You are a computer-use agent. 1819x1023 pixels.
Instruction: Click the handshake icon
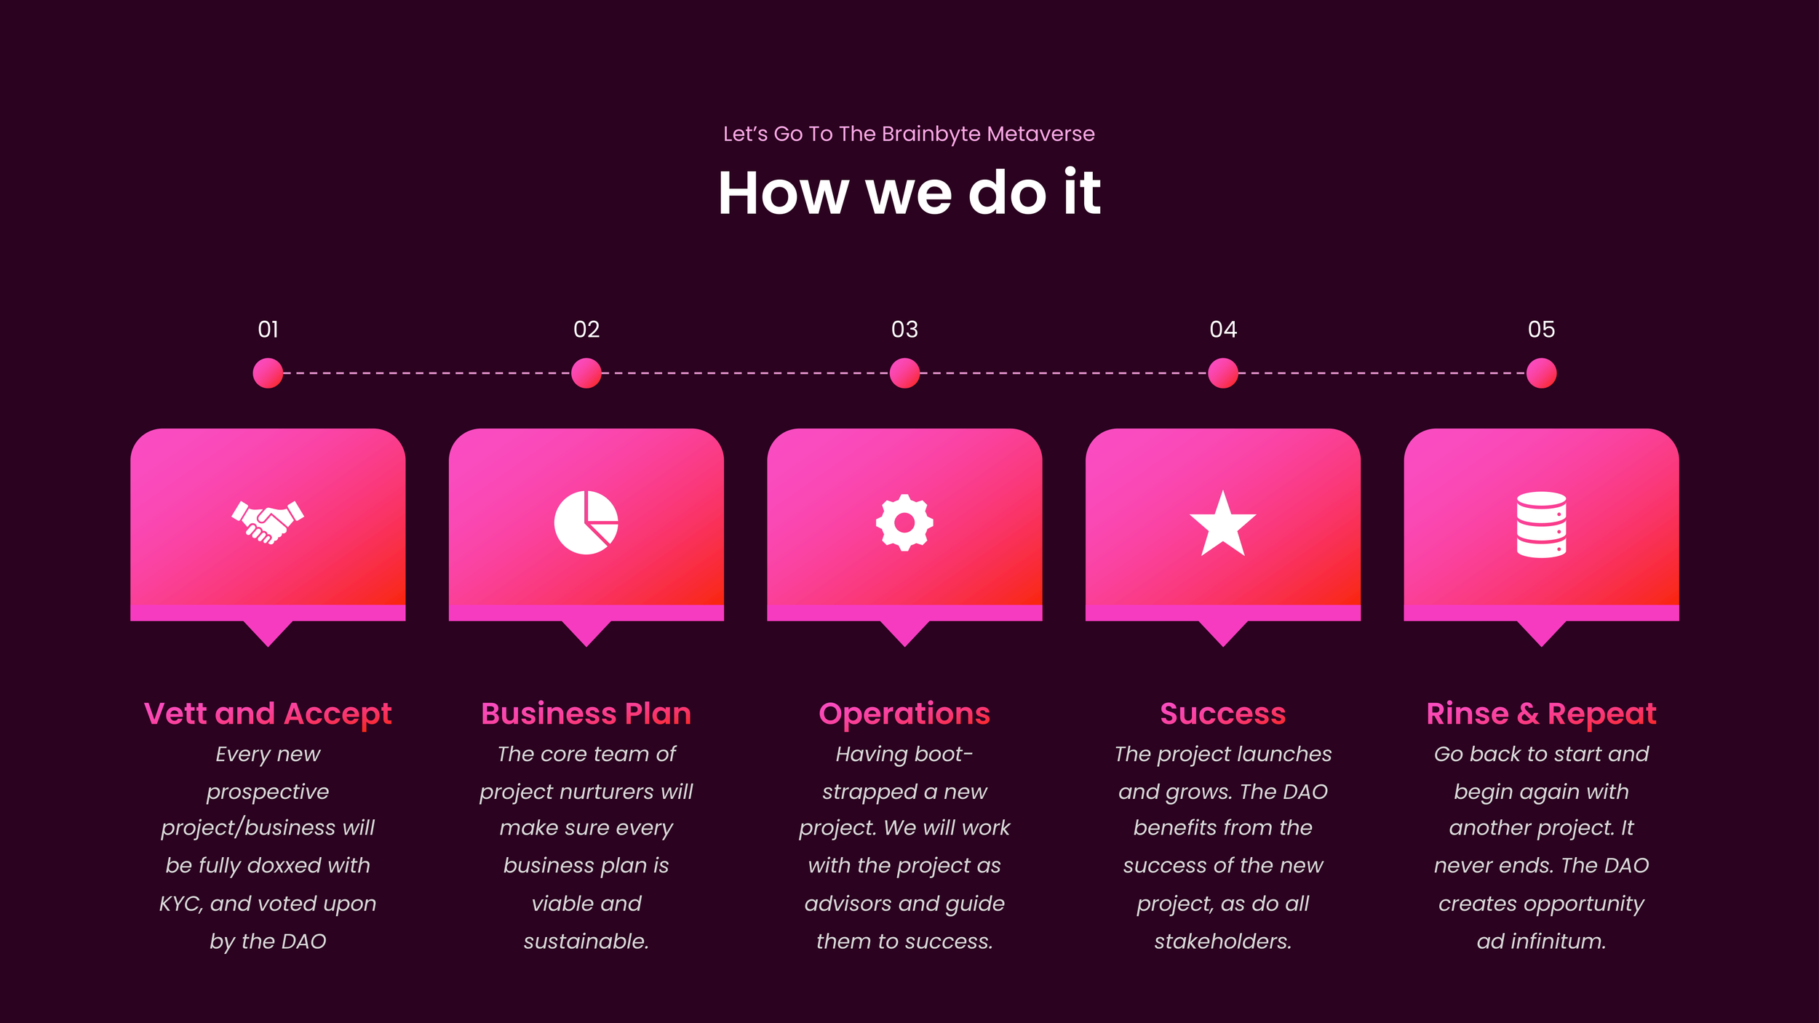[x=268, y=522]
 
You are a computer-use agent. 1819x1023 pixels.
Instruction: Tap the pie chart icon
[x=586, y=522]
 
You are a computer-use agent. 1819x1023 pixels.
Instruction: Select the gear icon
[x=904, y=522]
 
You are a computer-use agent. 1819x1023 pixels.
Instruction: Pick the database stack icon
[x=1541, y=525]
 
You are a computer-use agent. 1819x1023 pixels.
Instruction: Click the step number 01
[x=268, y=330]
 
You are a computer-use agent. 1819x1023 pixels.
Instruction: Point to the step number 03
[x=904, y=330]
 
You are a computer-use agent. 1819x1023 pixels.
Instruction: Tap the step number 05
[x=1541, y=330]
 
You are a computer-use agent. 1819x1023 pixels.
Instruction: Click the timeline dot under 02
[x=586, y=373]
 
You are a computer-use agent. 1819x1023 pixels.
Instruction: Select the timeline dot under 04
[x=1222, y=373]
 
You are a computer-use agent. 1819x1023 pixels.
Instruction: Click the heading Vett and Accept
[x=268, y=714]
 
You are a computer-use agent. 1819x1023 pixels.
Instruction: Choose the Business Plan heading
[x=586, y=714]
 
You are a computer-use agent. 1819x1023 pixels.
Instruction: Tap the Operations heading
[x=904, y=714]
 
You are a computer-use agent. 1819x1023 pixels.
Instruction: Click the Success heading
[x=1222, y=714]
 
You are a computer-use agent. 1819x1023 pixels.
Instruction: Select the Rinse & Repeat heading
[x=1541, y=714]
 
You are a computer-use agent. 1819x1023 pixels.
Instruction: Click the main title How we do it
[x=909, y=193]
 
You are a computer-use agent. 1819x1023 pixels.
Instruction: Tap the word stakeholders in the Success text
[x=1222, y=942]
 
